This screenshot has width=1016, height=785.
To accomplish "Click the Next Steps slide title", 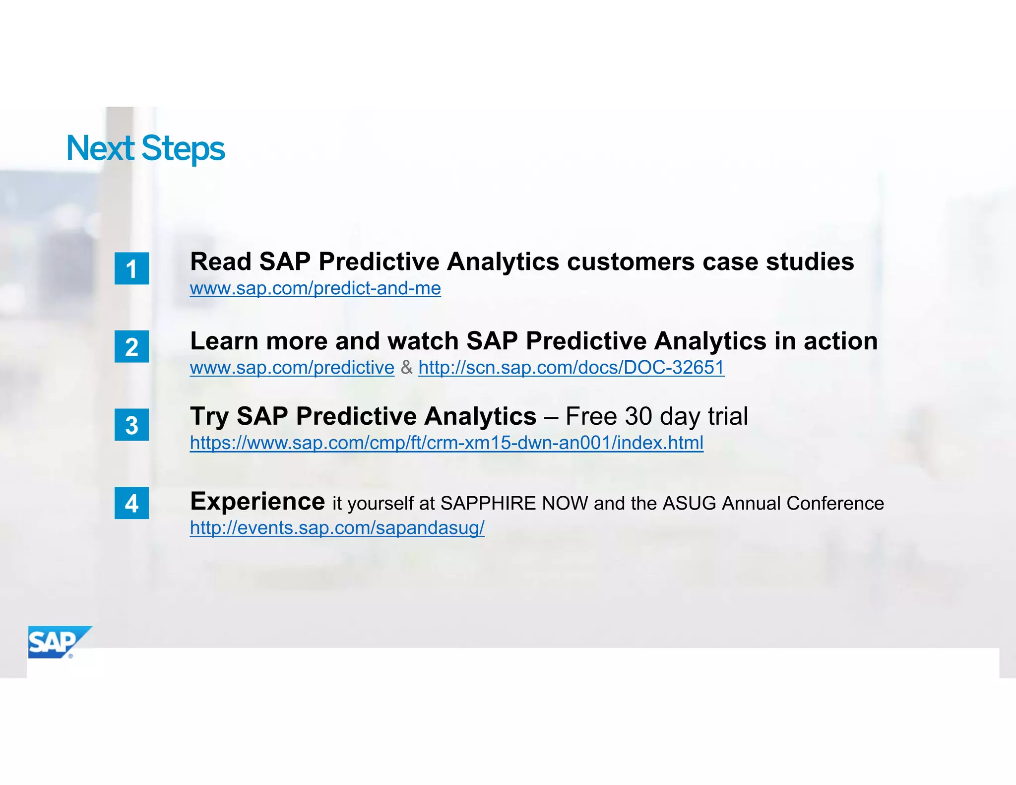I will (x=145, y=148).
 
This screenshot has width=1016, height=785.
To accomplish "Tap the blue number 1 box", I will (x=131, y=268).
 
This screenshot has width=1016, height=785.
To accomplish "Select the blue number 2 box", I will (x=131, y=346).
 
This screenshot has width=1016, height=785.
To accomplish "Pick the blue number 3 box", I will (x=131, y=425).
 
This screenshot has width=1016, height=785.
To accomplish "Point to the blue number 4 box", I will (x=131, y=503).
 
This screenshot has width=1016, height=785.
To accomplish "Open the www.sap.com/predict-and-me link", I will (x=315, y=288).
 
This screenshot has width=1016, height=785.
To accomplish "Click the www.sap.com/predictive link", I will (x=292, y=368).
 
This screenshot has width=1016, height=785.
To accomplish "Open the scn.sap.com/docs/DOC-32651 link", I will (x=571, y=368).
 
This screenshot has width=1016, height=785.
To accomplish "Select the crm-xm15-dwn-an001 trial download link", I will (x=446, y=443).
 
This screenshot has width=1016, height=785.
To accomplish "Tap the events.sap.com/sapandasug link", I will (x=337, y=528).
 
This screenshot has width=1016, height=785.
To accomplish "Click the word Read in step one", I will (x=220, y=262).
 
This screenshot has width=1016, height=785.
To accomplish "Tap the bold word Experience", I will (x=257, y=501).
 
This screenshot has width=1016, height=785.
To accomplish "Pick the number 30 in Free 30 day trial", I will (x=638, y=416).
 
